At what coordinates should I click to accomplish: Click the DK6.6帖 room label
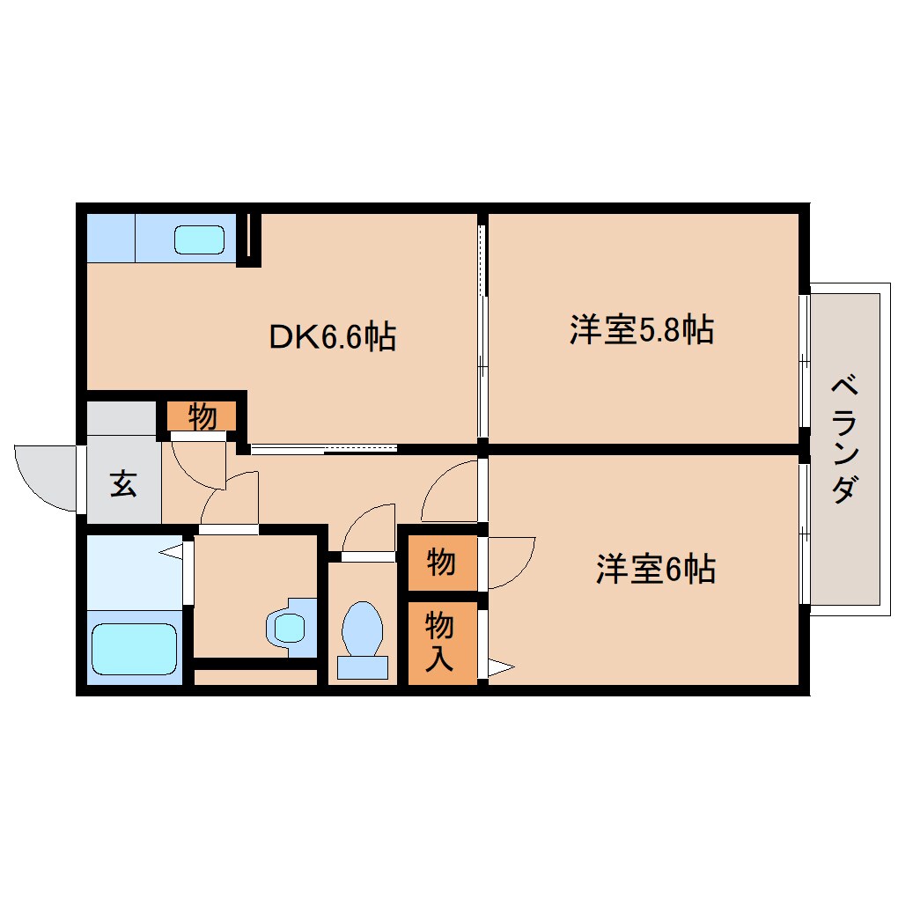332,336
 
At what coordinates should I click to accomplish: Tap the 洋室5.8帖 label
641,330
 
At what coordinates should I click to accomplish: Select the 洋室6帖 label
655,570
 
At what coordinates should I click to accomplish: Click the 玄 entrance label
123,484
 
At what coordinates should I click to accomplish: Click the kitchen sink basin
199,239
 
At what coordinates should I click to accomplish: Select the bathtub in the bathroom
134,649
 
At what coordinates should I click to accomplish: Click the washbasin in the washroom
289,627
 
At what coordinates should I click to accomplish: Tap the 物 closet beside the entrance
202,416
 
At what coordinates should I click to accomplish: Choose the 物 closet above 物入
440,562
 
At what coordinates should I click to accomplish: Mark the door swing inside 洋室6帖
509,562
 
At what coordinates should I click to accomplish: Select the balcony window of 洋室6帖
804,532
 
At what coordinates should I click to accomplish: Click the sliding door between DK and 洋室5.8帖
482,335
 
